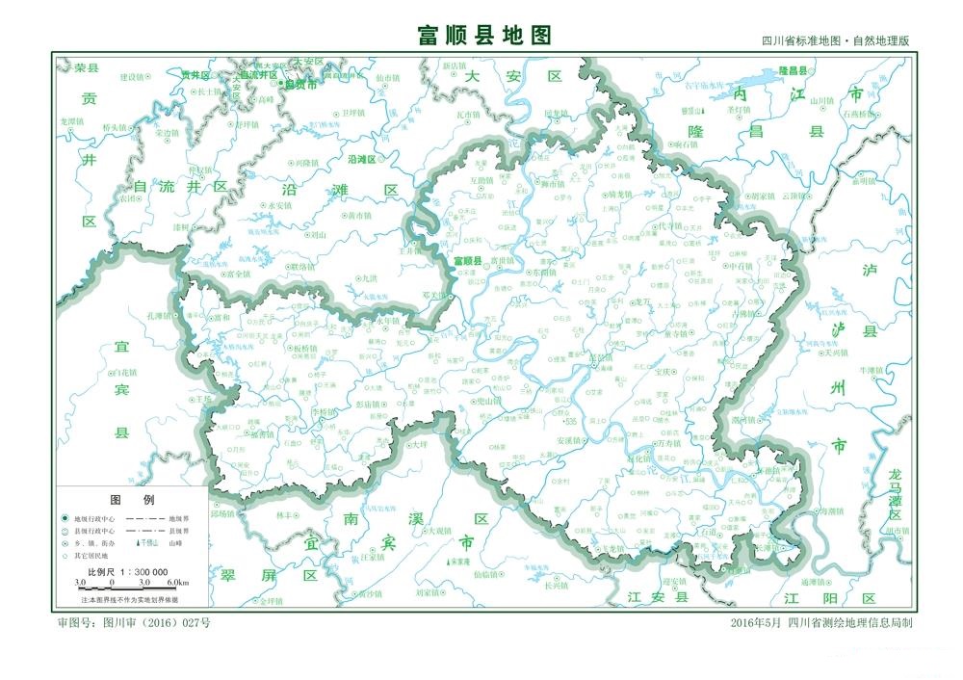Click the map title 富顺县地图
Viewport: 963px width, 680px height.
click(x=484, y=36)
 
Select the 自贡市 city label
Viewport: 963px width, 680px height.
click(x=299, y=85)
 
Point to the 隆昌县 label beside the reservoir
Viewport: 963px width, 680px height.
click(x=792, y=71)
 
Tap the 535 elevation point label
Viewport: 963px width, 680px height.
click(x=570, y=421)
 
